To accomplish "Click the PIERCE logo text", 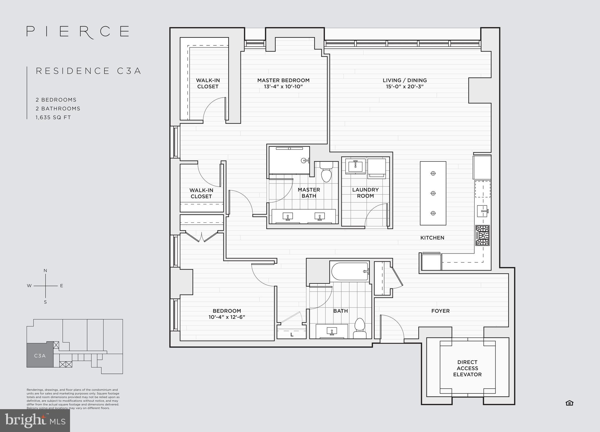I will (78, 31).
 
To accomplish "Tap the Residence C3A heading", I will (89, 71).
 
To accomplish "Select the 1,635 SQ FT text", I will (53, 118).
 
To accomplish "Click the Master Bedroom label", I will (283, 80).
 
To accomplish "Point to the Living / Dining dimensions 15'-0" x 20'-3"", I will (405, 87).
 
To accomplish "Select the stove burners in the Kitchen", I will (483, 235).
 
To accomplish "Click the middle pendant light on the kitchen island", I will (433, 193).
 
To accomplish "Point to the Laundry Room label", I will (365, 193).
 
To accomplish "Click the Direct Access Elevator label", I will (467, 368).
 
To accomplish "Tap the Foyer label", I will (440, 311).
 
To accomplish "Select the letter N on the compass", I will (45, 271).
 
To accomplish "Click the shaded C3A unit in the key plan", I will (40, 356).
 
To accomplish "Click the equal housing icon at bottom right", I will (569, 403).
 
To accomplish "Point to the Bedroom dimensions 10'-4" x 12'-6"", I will (227, 317).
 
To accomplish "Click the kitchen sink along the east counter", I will (482, 211).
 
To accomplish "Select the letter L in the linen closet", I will (292, 335).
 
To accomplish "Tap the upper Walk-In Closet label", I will (208, 84).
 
